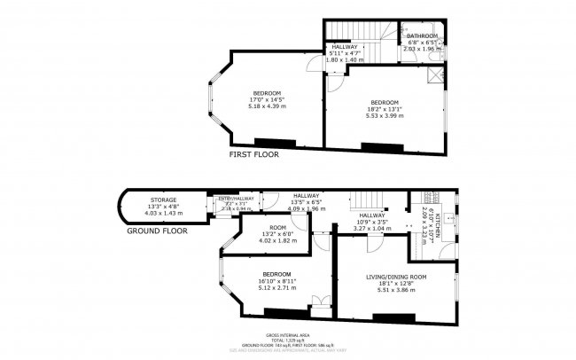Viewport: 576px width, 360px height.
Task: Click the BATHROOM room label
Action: (422, 35)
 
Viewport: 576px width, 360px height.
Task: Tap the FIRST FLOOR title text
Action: (253, 154)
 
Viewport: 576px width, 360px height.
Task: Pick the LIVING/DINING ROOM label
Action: (396, 277)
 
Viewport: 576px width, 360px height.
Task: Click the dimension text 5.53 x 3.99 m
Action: (384, 114)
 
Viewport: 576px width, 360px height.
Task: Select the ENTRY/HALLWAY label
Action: (236, 199)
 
